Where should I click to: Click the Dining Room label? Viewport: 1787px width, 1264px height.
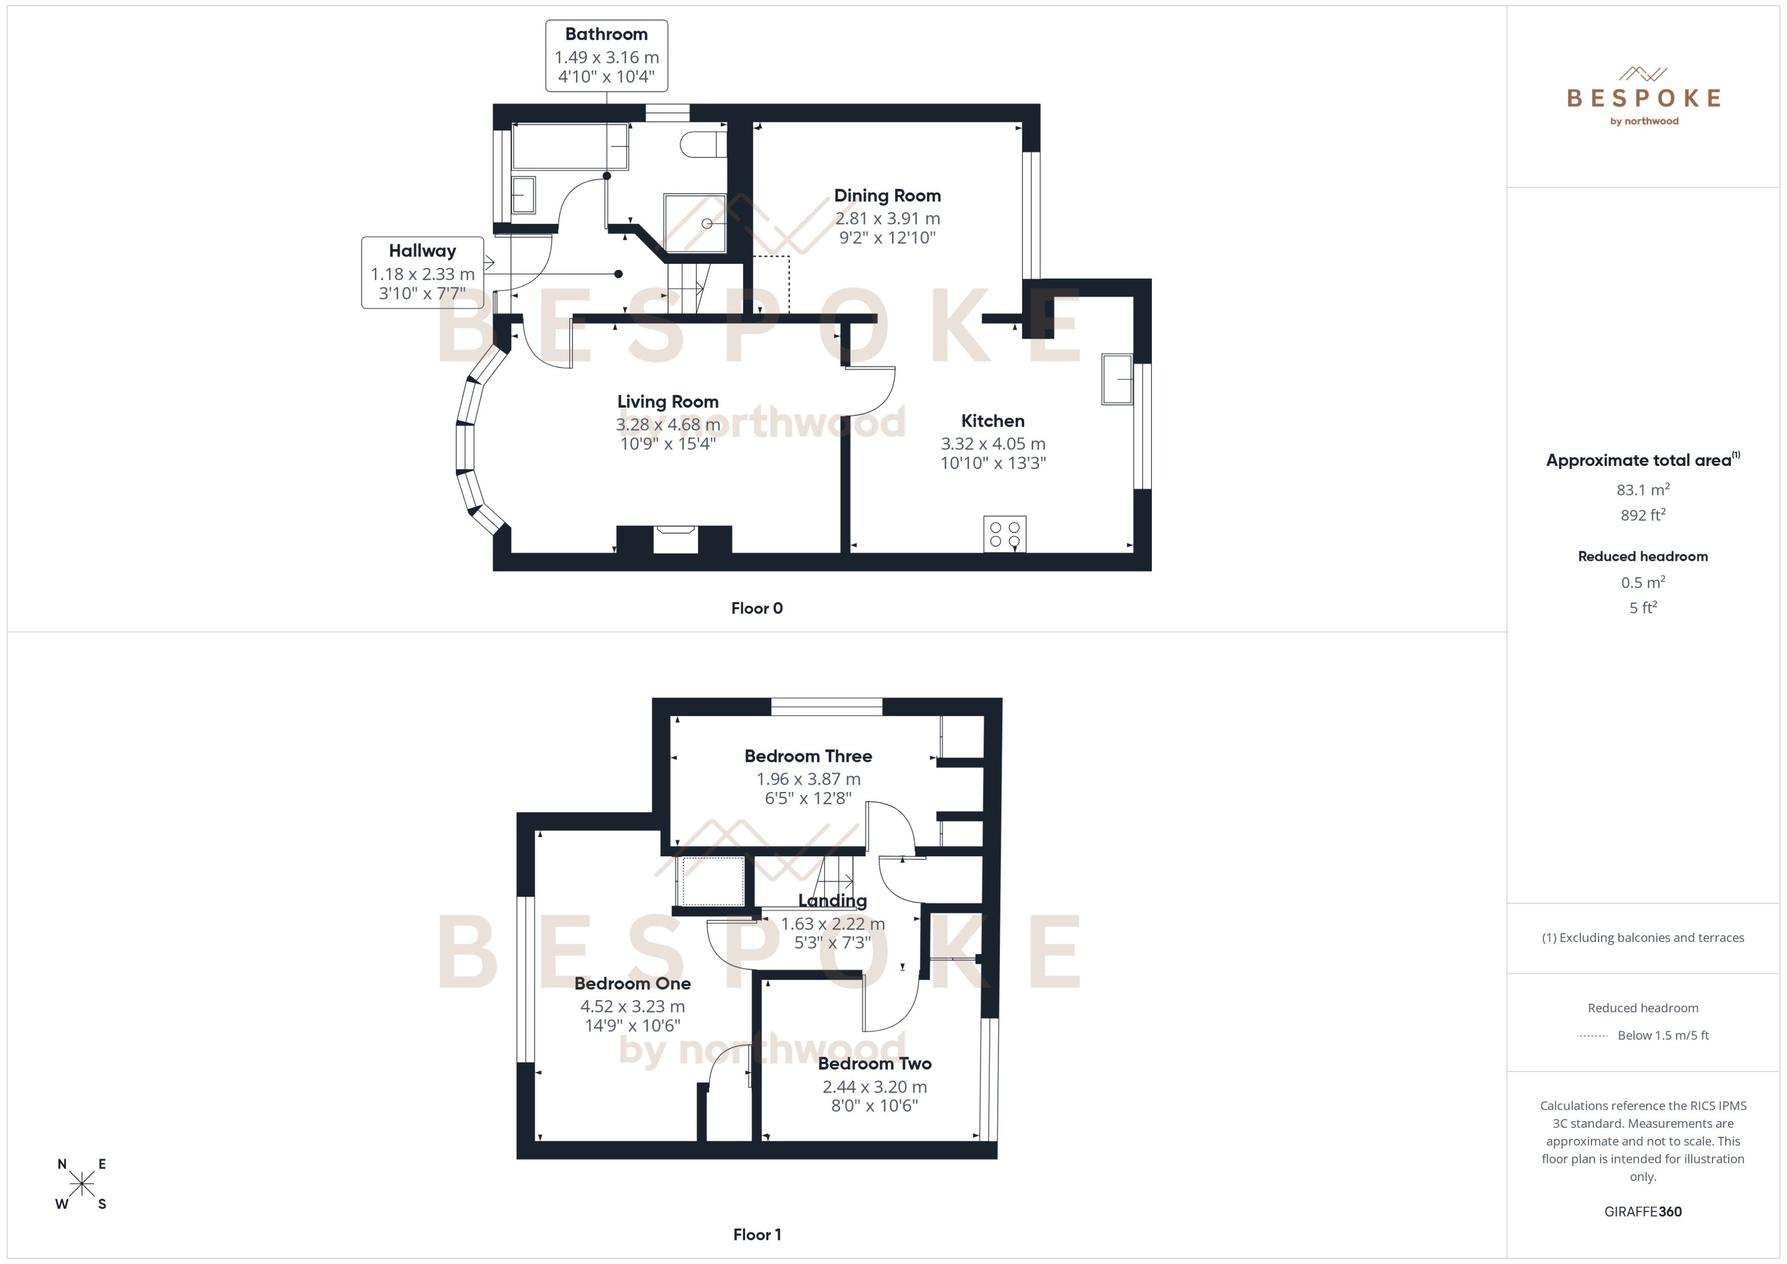tap(887, 195)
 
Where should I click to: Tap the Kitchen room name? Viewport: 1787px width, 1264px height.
tap(992, 421)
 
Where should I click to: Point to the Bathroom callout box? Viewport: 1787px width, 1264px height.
tap(606, 56)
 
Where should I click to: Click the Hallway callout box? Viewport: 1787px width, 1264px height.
tap(422, 272)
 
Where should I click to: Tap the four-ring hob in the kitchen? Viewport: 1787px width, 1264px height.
tap(1004, 534)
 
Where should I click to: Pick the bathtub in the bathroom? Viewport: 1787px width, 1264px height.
tap(570, 146)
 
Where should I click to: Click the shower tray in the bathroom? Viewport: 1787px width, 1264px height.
tap(694, 224)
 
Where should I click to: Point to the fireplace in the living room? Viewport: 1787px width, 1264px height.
tap(674, 539)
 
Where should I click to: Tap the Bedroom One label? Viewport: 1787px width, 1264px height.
tap(632, 983)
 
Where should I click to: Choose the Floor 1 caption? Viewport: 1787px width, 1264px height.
tap(756, 1234)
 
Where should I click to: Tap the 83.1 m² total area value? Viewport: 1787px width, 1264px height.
tap(1642, 489)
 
